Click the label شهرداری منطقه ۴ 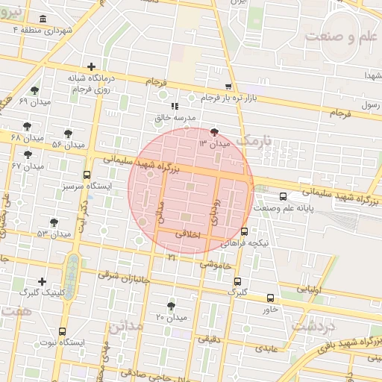[x=46, y=31]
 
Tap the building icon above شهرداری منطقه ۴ [x=42, y=19]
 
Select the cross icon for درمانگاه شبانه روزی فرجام [x=91, y=67]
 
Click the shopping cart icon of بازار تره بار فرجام [x=228, y=87]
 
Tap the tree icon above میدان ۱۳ [x=216, y=131]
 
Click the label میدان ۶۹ [x=33, y=101]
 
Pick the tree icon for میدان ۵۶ [x=69, y=134]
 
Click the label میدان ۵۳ [x=53, y=234]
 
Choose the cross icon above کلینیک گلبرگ [x=42, y=281]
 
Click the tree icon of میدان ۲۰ [x=172, y=306]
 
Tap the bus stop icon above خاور [x=270, y=298]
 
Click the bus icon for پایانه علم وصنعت [x=282, y=197]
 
